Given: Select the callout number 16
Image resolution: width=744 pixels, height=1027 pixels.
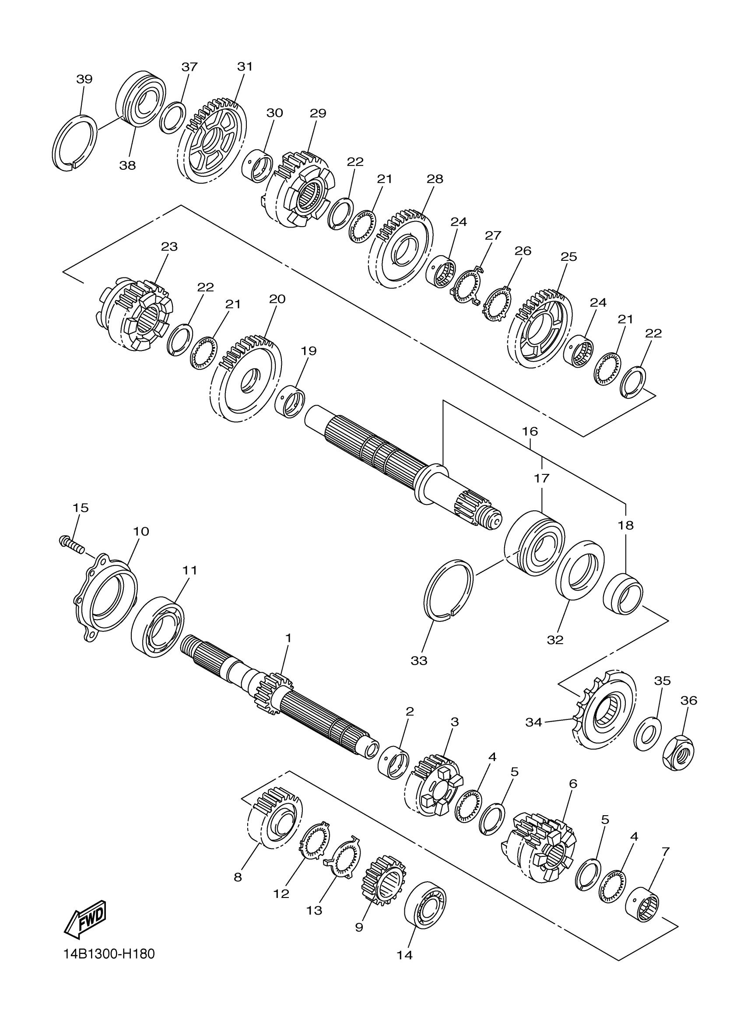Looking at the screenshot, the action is point(530,431).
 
